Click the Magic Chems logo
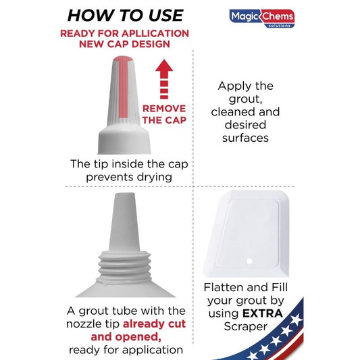(x=262, y=18)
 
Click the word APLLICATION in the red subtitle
(x=155, y=34)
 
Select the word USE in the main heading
(x=165, y=16)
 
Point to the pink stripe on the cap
(x=124, y=87)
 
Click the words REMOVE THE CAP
(x=164, y=114)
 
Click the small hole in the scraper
(x=249, y=261)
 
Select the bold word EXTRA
(x=263, y=313)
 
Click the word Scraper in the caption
(x=246, y=326)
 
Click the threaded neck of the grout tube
(x=124, y=267)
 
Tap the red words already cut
(x=154, y=324)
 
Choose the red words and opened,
(x=126, y=337)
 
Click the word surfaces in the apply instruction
(x=245, y=138)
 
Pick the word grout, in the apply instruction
(x=246, y=99)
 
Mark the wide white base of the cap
(x=124, y=140)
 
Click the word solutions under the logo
(x=279, y=26)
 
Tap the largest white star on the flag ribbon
(x=296, y=319)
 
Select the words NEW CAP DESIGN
(x=124, y=44)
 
